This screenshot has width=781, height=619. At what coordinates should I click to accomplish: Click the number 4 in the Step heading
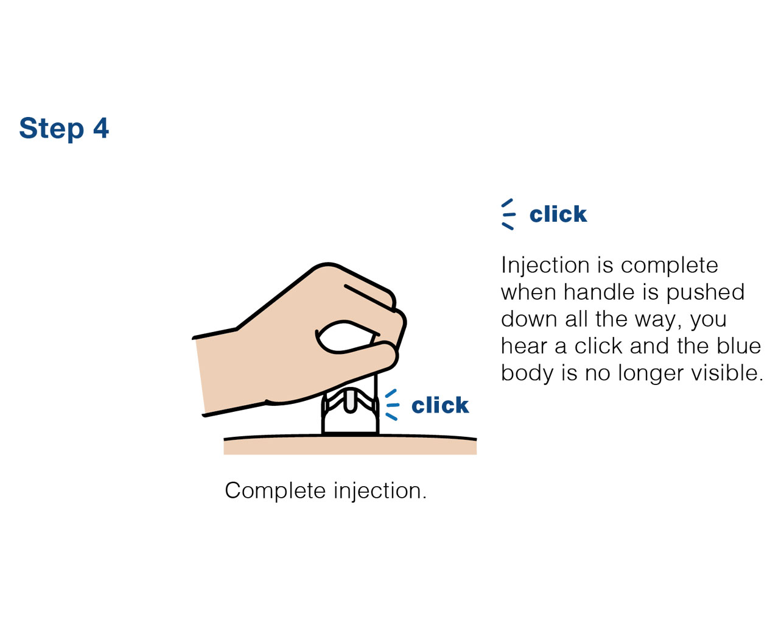click(x=101, y=128)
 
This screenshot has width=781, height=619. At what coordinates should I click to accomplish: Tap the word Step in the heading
click(x=52, y=129)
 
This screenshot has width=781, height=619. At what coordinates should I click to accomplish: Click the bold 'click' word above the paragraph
click(x=558, y=214)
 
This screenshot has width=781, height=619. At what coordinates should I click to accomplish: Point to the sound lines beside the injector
click(x=392, y=405)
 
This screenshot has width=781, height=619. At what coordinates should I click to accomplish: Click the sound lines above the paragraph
click(x=508, y=214)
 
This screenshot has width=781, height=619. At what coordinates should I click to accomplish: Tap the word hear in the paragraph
click(x=524, y=346)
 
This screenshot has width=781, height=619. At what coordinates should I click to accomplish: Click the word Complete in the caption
click(x=276, y=492)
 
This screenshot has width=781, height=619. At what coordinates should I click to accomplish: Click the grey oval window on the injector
click(x=350, y=401)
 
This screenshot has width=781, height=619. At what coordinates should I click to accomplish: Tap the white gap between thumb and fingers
click(x=345, y=337)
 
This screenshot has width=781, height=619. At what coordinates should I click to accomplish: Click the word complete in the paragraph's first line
click(x=669, y=266)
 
